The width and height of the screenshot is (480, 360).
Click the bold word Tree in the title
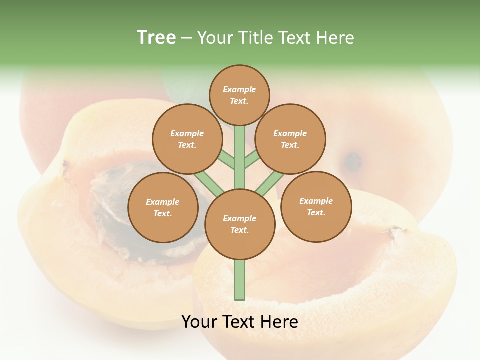tap(156, 37)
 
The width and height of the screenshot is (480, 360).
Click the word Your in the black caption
tap(200, 322)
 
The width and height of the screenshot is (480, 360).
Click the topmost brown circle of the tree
tap(239, 95)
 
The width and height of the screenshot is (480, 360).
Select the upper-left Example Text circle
tap(187, 139)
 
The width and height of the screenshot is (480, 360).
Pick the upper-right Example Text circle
tap(290, 139)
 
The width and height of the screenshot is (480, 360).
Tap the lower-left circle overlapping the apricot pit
tap(163, 207)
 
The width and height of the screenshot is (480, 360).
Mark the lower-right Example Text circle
tap(316, 206)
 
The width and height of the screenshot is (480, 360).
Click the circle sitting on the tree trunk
tap(240, 224)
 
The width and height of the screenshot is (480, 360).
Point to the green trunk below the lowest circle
tap(240, 280)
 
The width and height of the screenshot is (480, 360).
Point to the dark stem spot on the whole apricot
tap(353, 161)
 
